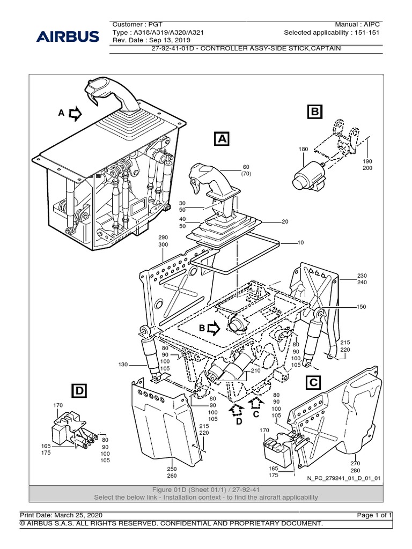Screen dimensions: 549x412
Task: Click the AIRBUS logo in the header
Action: pos(68,37)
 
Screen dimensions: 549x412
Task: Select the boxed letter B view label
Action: pos(314,112)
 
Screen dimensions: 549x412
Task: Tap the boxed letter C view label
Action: pos(314,382)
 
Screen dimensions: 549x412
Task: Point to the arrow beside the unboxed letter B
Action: pos(214,327)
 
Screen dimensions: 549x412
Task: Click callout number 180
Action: pos(303,149)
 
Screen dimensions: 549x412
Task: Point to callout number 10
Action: pos(300,242)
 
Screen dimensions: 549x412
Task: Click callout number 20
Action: pos(285,221)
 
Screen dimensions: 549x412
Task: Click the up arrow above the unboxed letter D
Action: pos(234,410)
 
